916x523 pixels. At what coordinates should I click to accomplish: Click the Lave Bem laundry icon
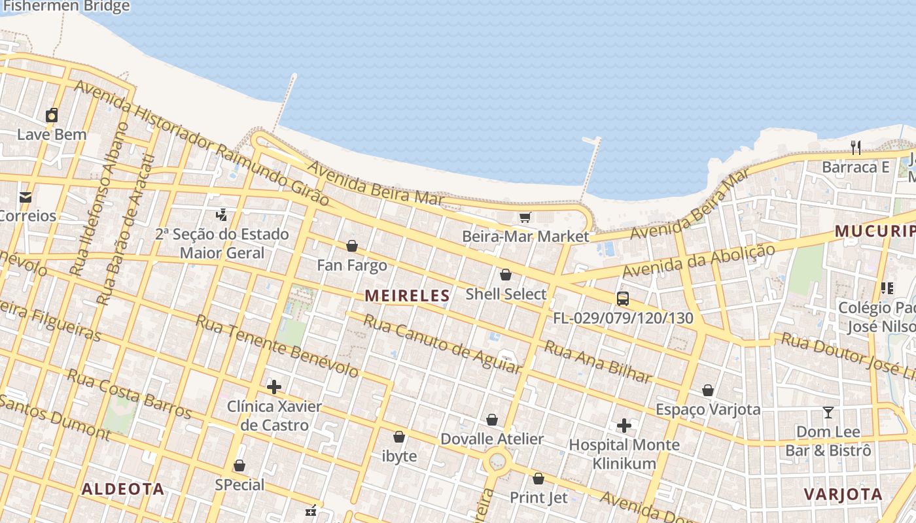coord(52,116)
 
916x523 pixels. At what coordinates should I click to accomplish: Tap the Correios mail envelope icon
coord(26,197)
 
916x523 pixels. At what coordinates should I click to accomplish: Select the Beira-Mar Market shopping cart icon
coord(525,217)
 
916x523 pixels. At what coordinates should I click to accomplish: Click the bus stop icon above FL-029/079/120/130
coord(623,299)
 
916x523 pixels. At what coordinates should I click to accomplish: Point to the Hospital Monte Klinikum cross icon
coord(624,426)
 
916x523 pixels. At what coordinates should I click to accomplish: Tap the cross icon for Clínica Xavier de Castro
coord(274,387)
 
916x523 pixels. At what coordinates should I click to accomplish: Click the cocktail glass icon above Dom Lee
coord(828,413)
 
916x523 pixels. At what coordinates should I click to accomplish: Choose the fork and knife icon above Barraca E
coord(856,147)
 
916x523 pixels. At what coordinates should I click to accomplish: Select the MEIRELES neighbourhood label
coord(407,295)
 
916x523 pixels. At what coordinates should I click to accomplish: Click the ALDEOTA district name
coord(123,489)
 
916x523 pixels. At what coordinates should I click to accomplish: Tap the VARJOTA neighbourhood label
coord(843,494)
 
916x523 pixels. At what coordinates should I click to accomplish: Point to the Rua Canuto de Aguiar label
coord(442,344)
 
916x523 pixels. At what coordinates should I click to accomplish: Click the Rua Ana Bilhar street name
coord(597,362)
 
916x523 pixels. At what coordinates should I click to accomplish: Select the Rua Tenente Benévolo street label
coord(277,346)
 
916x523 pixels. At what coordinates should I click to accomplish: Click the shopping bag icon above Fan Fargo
coord(352,246)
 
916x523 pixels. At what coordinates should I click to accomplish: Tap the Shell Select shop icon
coord(506,275)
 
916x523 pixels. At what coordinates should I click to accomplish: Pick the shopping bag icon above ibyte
coord(399,437)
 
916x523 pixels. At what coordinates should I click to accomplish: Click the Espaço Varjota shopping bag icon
coord(708,390)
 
